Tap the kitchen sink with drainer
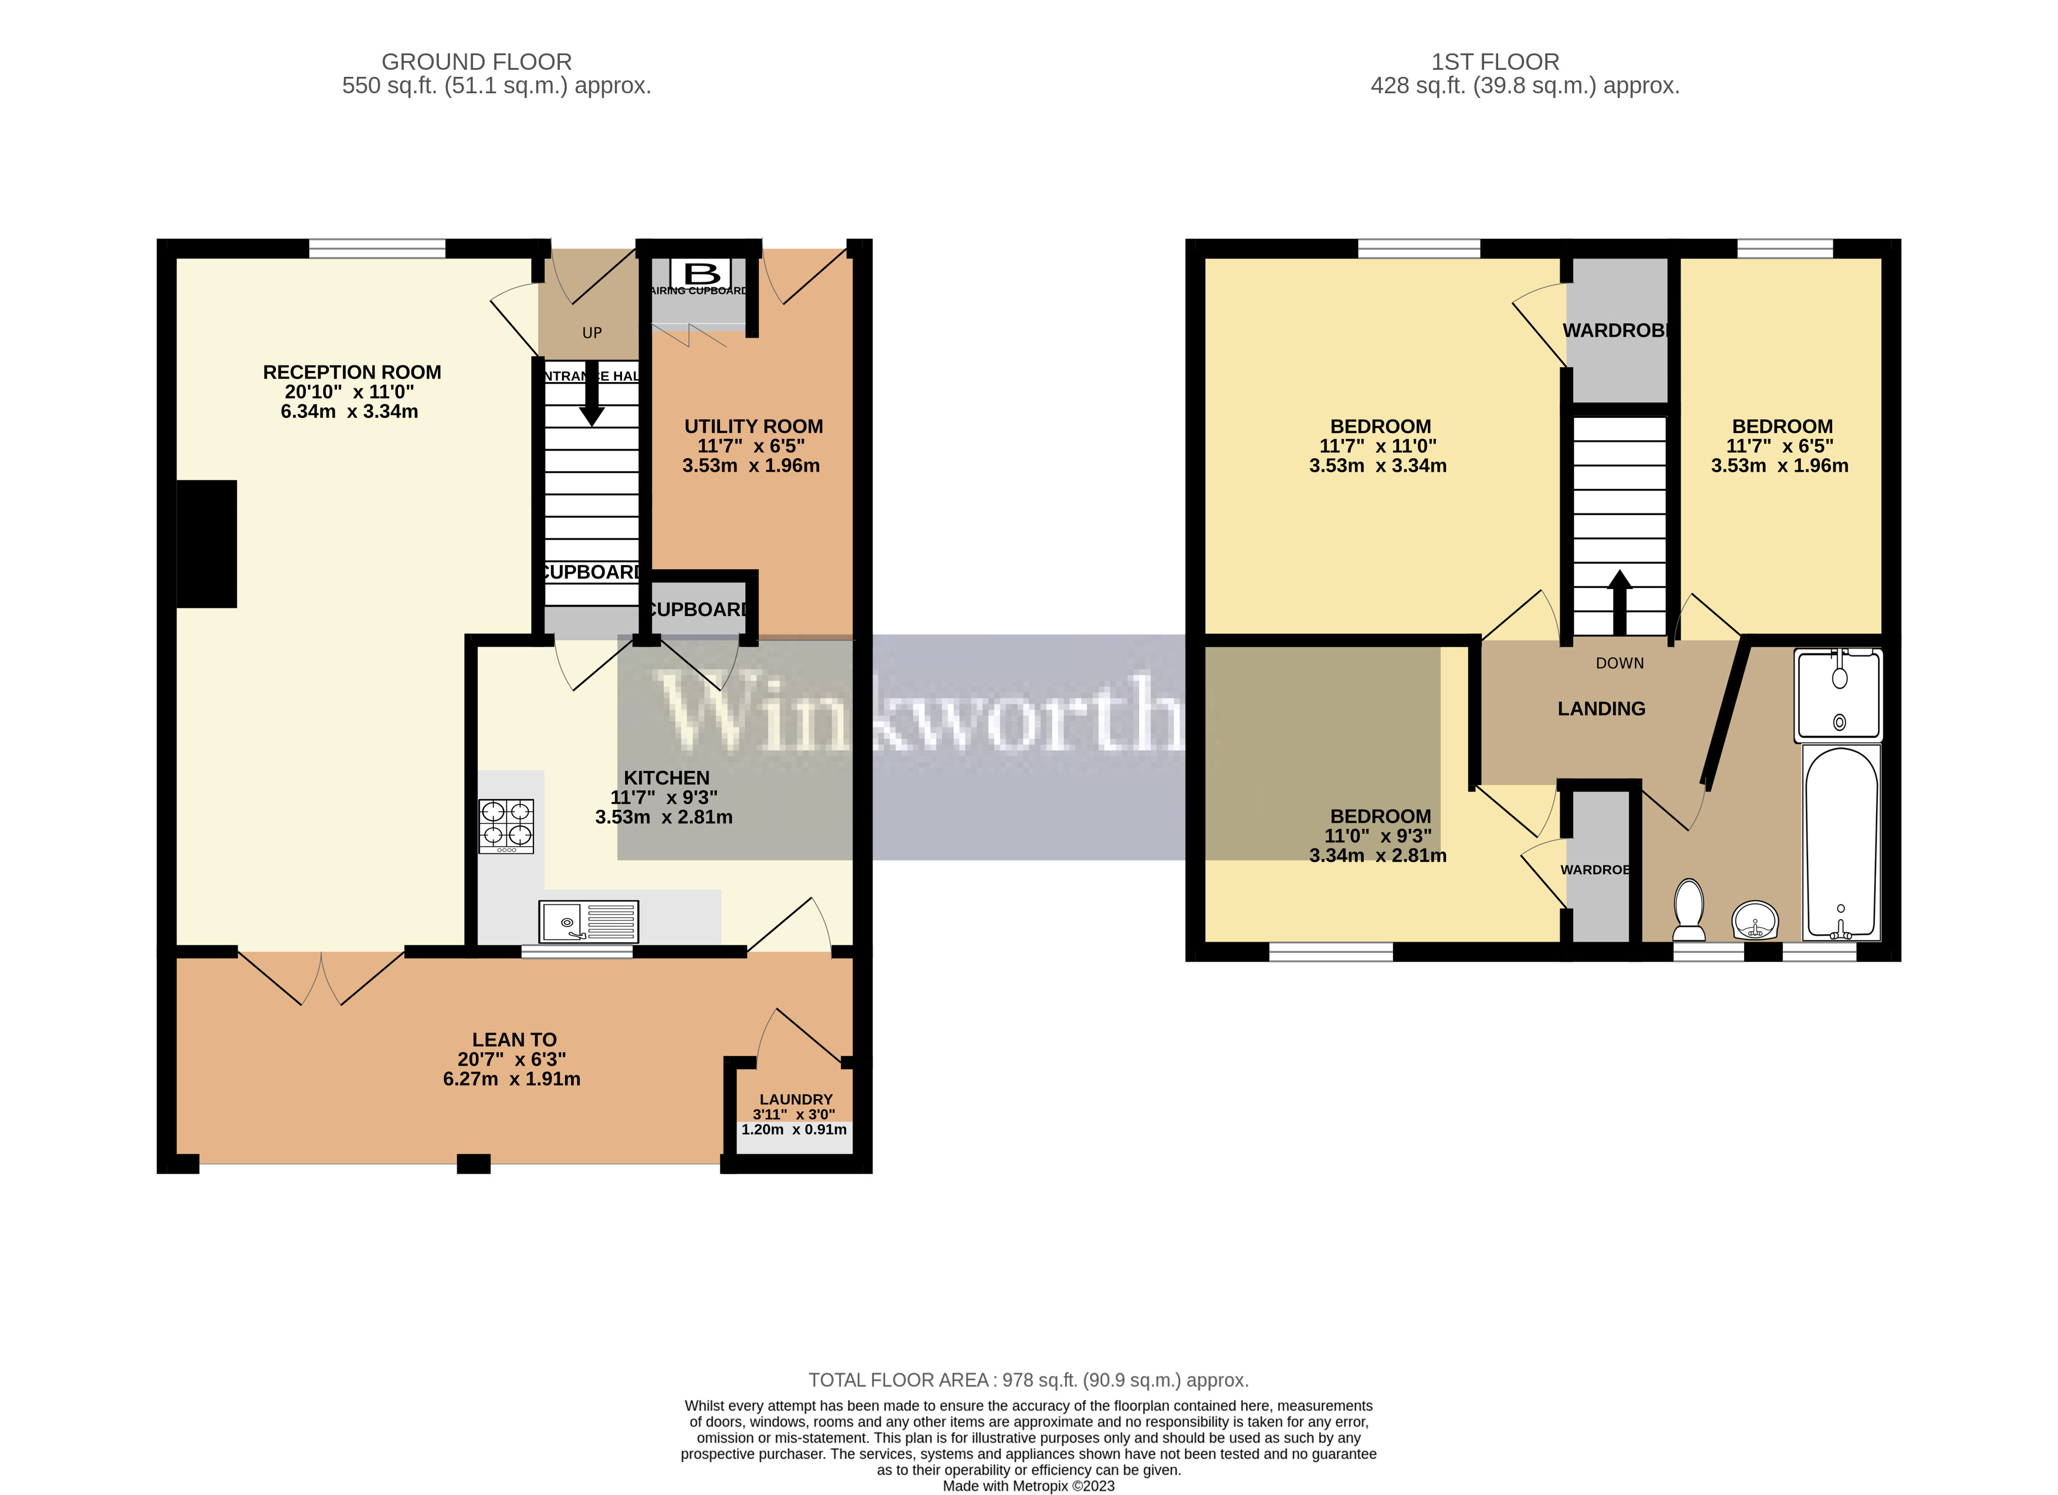(588, 922)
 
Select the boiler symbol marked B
(701, 272)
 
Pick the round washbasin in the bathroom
(1755, 921)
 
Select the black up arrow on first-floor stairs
(1620, 601)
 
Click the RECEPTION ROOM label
(352, 372)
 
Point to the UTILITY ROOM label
(753, 427)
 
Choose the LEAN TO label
(513, 1040)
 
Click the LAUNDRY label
(796, 1098)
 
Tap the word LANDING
(1601, 709)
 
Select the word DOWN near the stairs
(1620, 663)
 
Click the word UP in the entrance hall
(592, 333)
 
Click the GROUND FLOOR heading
(477, 62)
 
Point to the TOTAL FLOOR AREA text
(1028, 1380)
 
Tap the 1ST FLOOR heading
(1495, 62)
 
